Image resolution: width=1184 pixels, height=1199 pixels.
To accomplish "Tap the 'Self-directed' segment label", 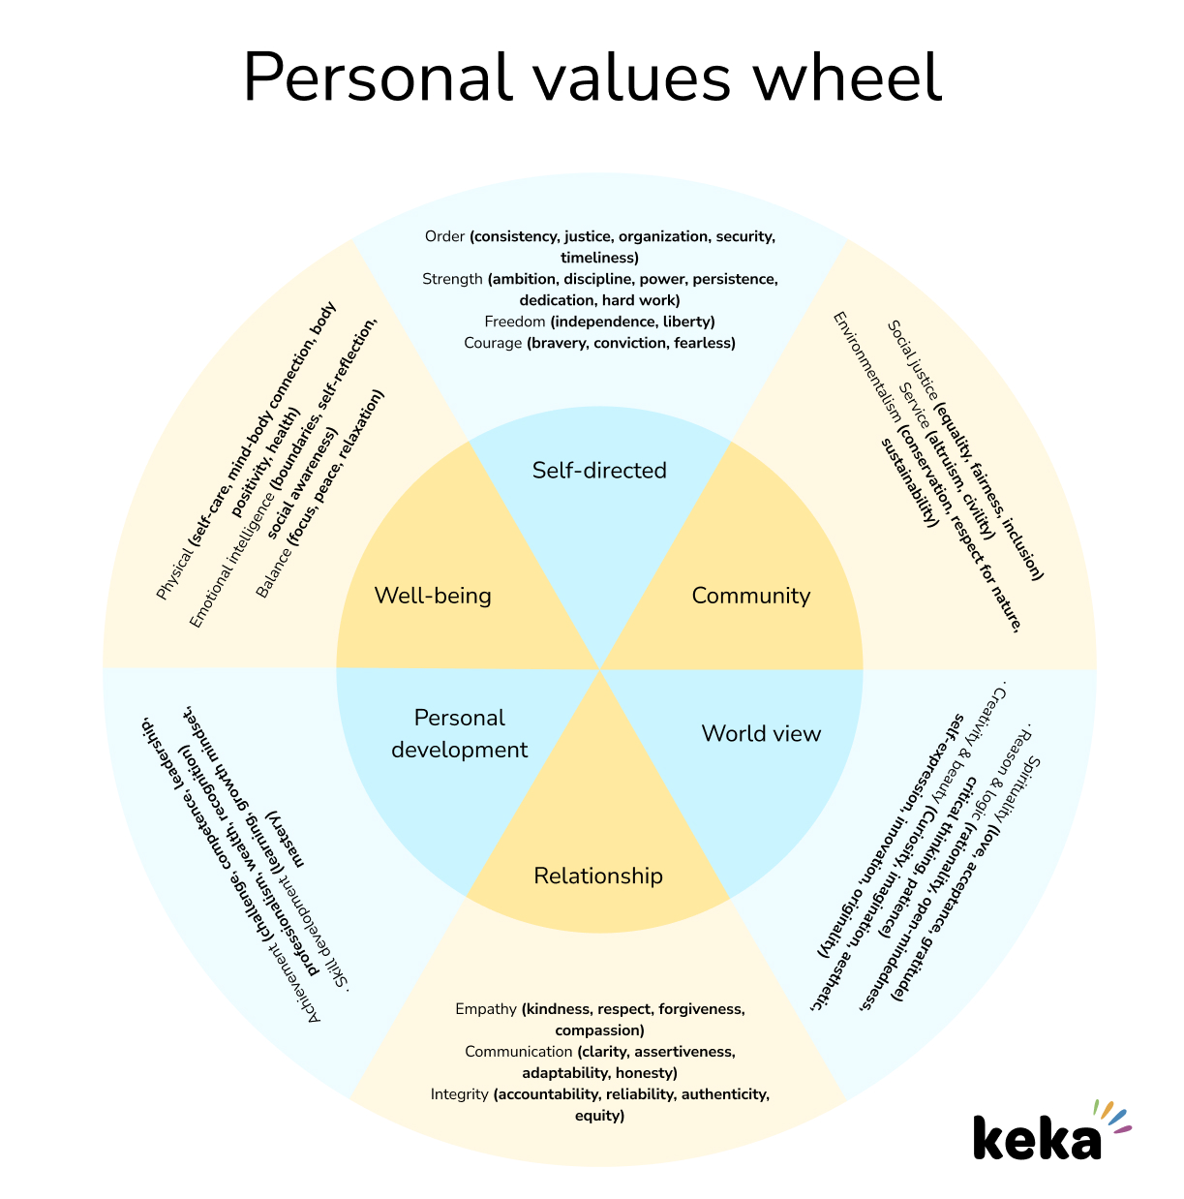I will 599,471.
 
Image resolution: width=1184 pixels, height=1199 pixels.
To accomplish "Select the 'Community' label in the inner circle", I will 750,596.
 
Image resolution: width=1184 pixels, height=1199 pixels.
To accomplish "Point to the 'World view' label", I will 761,734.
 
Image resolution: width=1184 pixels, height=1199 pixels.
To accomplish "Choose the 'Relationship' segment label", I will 598,876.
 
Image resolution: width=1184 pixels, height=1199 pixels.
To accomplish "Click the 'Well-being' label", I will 433,596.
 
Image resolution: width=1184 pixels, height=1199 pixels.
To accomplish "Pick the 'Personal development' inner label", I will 460,733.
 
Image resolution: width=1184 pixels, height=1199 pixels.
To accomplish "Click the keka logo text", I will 1037,1139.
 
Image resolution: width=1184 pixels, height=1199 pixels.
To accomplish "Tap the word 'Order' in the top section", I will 445,236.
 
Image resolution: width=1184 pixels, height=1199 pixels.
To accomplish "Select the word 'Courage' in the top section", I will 493,343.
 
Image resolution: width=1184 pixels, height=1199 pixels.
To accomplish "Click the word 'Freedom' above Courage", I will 515,322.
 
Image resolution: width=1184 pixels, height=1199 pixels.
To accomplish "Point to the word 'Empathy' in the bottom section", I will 486,1009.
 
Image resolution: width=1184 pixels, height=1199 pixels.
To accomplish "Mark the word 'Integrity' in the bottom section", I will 460,1094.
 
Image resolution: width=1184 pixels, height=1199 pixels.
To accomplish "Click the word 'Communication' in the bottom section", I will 518,1052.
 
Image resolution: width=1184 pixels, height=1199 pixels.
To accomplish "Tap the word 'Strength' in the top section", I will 452,279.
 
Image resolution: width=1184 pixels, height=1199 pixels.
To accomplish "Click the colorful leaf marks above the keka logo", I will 1111,1115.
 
